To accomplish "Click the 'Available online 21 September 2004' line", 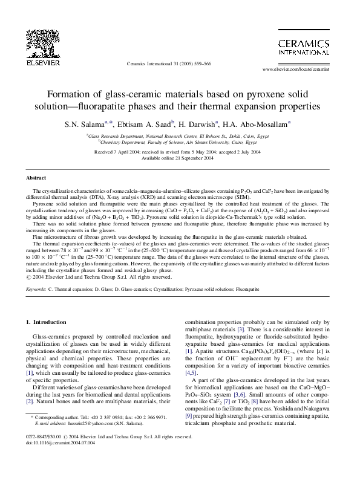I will click(x=178, y=159).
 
